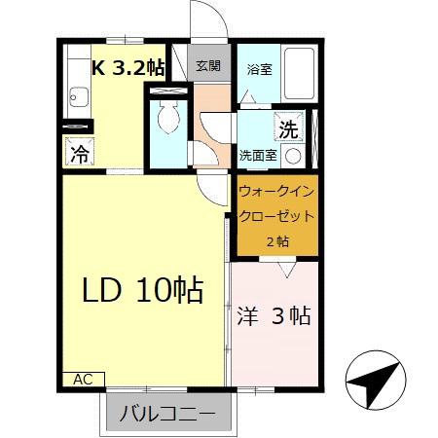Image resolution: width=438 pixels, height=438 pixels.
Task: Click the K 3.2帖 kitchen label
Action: tap(128, 67)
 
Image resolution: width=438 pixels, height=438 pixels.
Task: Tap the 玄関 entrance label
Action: tap(207, 66)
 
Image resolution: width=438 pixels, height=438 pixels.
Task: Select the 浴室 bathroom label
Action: tap(258, 69)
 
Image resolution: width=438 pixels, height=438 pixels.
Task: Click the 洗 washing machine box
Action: tap(288, 128)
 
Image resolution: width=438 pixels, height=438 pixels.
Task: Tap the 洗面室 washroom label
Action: tap(258, 155)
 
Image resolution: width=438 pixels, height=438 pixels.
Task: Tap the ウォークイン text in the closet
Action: tap(276, 190)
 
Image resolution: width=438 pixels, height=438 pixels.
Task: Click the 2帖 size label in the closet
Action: tap(276, 240)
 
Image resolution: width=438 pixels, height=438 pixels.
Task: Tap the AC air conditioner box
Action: tap(84, 378)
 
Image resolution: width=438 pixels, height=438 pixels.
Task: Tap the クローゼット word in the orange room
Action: tap(276, 215)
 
